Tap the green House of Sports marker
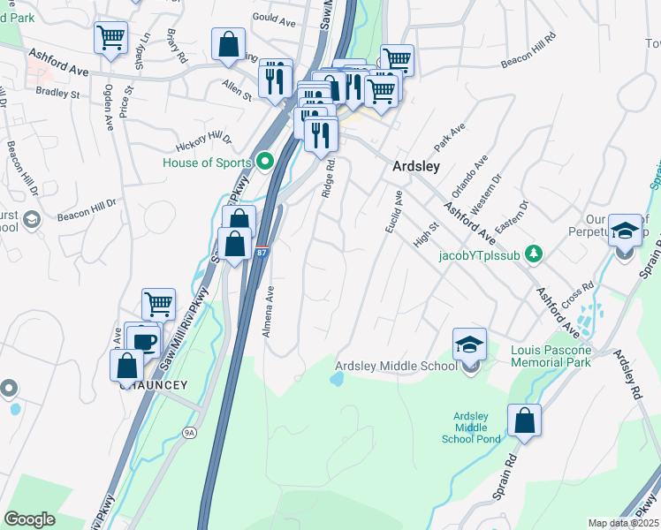[263, 162]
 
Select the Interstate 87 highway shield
[262, 253]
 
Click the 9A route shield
[189, 432]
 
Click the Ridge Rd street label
[329, 177]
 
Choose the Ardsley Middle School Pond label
[471, 428]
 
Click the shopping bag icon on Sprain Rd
[524, 421]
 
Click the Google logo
[29, 519]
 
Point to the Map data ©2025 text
[622, 523]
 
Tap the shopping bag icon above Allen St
[228, 44]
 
